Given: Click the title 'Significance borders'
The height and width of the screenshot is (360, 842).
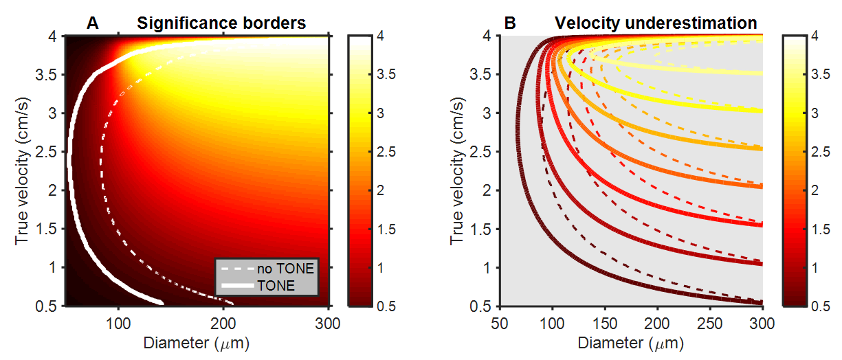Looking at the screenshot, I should pos(221,23).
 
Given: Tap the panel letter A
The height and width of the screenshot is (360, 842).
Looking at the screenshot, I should pos(93,23).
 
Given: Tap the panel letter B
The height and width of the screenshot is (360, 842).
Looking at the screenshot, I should pos(510,23).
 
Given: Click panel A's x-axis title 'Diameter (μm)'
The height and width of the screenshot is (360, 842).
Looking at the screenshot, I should pos(197,341).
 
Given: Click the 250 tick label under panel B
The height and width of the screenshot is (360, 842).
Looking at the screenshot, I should pos(711,322).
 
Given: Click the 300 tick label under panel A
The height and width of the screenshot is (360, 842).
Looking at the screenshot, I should pos(329,322).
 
